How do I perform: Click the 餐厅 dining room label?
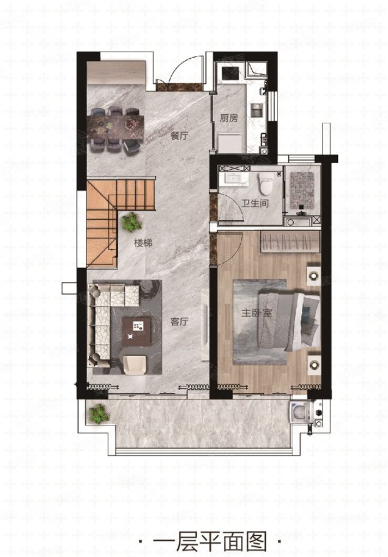(179, 135)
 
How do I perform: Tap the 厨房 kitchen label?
(228, 117)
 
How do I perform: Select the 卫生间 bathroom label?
(255, 203)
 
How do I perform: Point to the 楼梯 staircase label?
(143, 243)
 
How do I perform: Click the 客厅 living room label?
(179, 321)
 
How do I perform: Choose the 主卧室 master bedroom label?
(257, 313)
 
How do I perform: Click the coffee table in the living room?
(136, 331)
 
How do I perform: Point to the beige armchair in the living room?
(135, 364)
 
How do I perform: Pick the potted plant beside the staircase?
(132, 222)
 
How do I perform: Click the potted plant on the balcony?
(99, 414)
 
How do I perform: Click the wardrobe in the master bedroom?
(290, 242)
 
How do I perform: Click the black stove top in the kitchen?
(231, 73)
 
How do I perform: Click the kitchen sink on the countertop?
(256, 110)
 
